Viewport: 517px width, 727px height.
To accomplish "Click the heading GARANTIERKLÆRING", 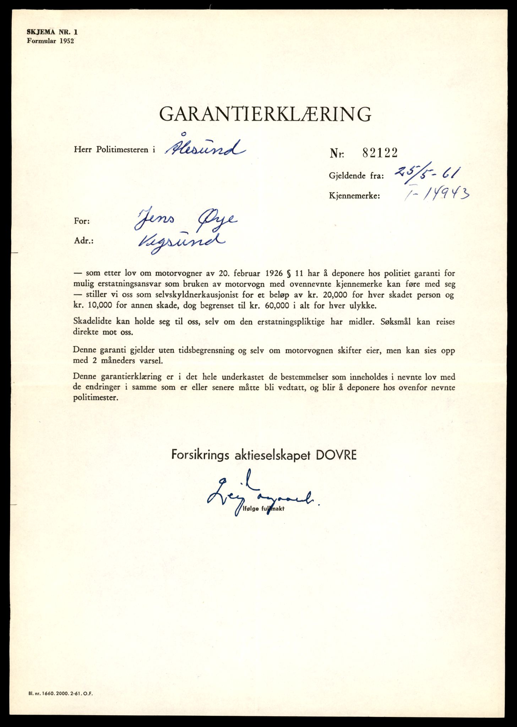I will pyautogui.click(x=265, y=114).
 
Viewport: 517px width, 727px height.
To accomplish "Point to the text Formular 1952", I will pyautogui.click(x=50, y=40).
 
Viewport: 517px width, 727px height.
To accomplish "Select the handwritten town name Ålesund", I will pyautogui.click(x=205, y=148).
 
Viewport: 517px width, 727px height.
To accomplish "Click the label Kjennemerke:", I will pyautogui.click(x=354, y=196).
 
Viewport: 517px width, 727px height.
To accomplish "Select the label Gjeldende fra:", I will pyautogui.click(x=356, y=176).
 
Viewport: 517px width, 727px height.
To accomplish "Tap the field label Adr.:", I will pyautogui.click(x=84, y=241).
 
